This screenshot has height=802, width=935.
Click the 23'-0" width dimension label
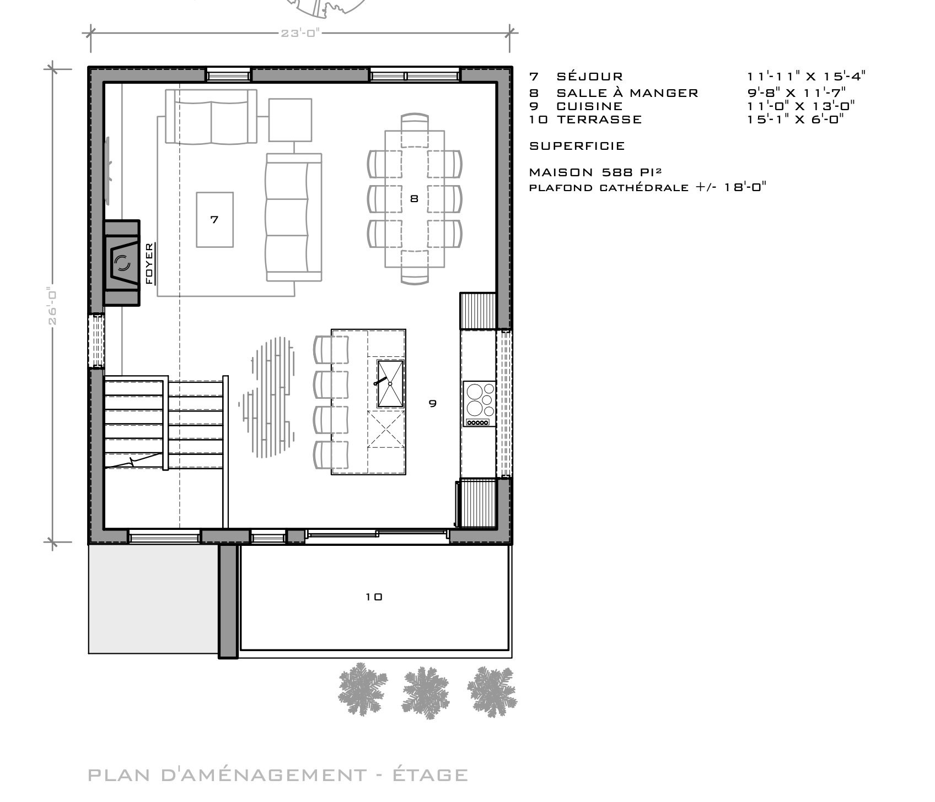point(300,33)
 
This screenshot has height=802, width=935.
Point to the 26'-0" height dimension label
point(52,306)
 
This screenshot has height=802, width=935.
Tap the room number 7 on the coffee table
point(214,219)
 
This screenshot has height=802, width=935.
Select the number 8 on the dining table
point(414,199)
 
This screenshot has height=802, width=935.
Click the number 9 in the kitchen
point(433,403)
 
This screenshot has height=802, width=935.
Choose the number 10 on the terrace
point(374,597)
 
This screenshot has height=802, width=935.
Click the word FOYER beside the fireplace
point(149,263)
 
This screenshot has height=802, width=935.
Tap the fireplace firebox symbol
point(122,263)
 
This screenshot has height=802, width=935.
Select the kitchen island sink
point(390,384)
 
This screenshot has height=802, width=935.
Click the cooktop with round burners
point(480,403)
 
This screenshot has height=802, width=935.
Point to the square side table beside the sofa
point(290,120)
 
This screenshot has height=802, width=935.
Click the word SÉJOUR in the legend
point(590,77)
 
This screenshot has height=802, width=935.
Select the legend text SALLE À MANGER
point(627,93)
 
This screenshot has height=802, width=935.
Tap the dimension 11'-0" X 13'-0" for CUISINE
point(801,106)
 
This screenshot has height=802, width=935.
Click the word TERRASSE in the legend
point(599,119)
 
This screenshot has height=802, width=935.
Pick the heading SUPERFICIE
point(577,146)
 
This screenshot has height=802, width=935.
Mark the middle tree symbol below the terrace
point(425,690)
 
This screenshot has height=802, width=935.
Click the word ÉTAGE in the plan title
point(430,775)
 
